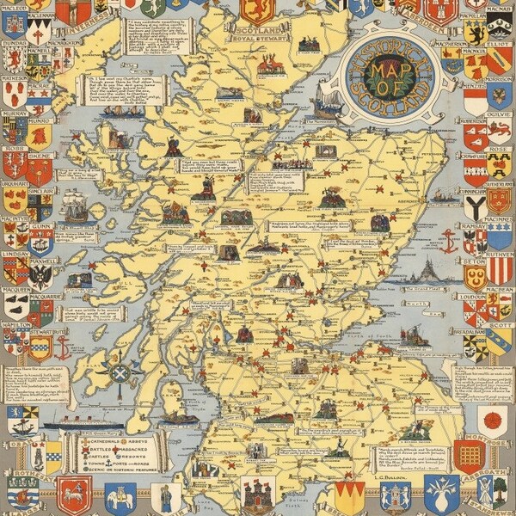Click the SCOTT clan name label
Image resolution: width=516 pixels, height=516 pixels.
click(500, 326)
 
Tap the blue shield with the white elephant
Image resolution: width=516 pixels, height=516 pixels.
click(120, 497)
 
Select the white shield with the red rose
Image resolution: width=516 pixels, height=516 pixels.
click(493, 420)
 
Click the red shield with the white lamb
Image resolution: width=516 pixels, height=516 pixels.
click(74, 495)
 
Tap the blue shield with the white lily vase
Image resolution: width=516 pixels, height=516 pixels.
click(441, 494)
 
